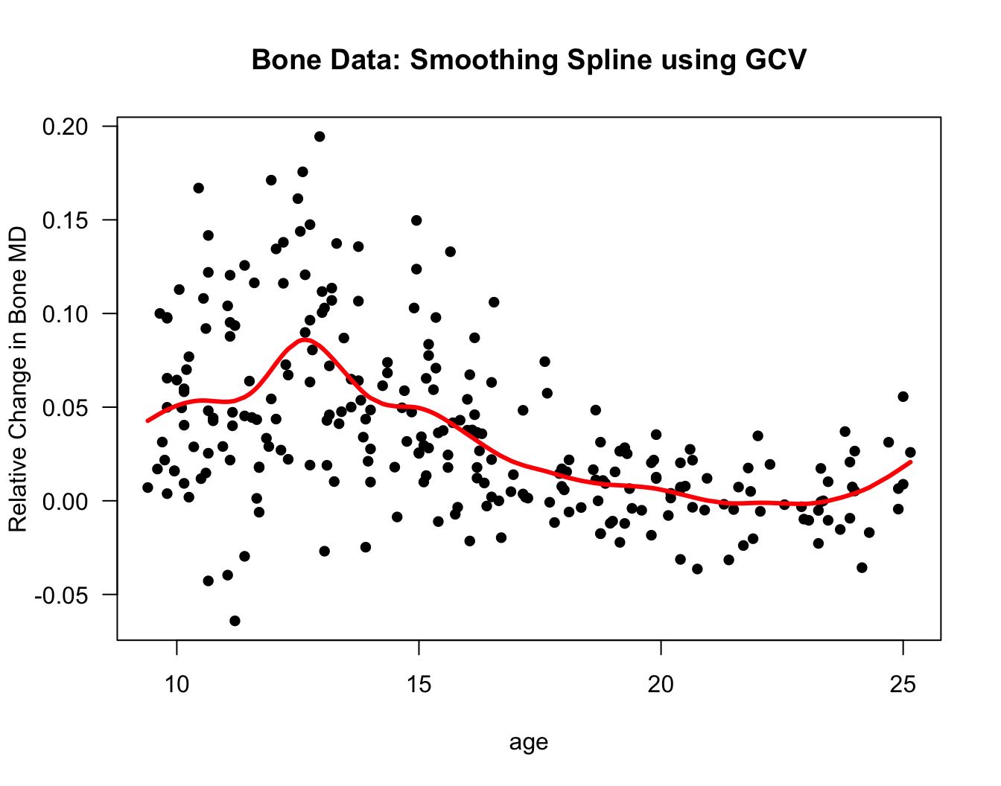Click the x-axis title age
click(529, 742)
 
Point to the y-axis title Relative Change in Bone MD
click(18, 380)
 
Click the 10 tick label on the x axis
click(177, 685)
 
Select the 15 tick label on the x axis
click(419, 685)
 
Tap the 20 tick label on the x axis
click(661, 685)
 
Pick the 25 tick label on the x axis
click(903, 685)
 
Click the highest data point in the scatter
click(320, 136)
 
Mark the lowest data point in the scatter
click(235, 621)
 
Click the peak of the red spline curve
click(304, 339)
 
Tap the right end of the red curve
click(911, 461)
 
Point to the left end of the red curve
click(147, 421)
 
